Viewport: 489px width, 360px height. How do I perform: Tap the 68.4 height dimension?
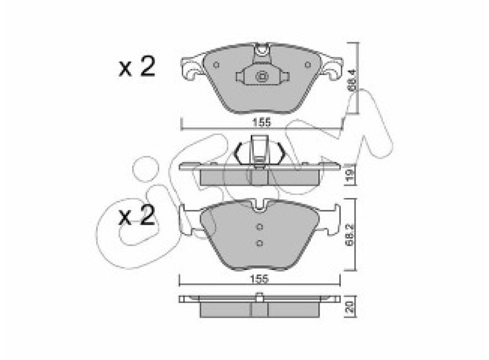point(352,80)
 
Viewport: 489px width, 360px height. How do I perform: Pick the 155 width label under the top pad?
point(261,123)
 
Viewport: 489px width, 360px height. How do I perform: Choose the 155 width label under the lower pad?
point(260,279)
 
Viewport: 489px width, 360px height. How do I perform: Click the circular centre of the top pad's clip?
point(261,76)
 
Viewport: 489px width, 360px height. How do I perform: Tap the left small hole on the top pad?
point(216,65)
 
